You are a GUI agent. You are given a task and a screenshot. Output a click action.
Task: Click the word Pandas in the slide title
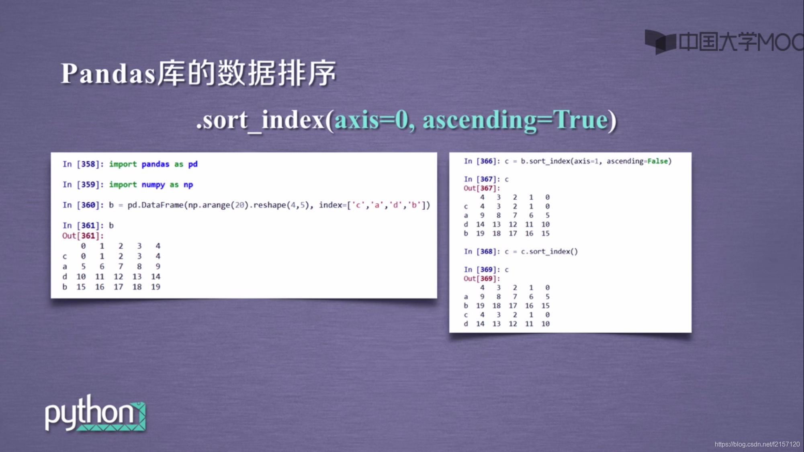point(108,74)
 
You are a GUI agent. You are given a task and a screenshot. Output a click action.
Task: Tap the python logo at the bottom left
point(95,414)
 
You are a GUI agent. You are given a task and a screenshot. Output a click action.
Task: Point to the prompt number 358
point(88,164)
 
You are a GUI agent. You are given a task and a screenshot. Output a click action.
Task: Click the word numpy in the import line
point(153,185)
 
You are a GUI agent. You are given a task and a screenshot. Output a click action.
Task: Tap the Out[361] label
point(82,236)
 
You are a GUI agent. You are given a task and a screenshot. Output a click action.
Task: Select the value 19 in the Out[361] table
point(155,287)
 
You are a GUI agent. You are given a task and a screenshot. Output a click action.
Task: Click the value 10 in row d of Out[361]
point(81,277)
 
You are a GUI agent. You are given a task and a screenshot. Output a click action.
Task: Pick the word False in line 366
point(657,161)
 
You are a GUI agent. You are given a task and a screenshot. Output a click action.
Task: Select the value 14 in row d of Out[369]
point(480,324)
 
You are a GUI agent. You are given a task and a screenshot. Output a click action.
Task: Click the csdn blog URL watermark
point(757,444)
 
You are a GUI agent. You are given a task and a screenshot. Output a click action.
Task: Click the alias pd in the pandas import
point(193,164)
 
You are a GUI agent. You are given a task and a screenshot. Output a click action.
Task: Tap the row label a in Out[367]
point(466,215)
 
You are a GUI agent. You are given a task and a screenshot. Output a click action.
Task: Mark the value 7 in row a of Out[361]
point(121,266)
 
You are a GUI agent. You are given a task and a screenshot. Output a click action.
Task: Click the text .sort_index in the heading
point(261,120)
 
